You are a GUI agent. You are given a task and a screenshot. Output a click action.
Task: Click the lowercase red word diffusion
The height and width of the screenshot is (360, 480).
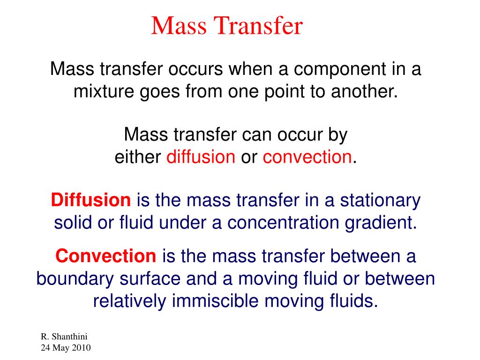point(201,157)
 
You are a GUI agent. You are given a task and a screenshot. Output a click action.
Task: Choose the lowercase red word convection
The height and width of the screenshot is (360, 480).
point(307,157)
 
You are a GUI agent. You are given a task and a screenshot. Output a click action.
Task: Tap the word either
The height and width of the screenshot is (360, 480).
point(138,157)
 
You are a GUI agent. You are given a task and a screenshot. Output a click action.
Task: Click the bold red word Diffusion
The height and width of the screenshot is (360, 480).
point(91,201)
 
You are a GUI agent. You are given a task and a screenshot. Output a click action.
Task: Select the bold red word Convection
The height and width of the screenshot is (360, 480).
point(105,256)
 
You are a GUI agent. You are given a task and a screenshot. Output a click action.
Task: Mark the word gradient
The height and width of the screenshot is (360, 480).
point(381,223)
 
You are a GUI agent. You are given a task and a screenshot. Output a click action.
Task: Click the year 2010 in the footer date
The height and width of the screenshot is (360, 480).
point(81,348)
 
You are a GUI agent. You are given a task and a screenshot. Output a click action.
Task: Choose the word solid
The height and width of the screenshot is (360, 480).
point(72,223)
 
